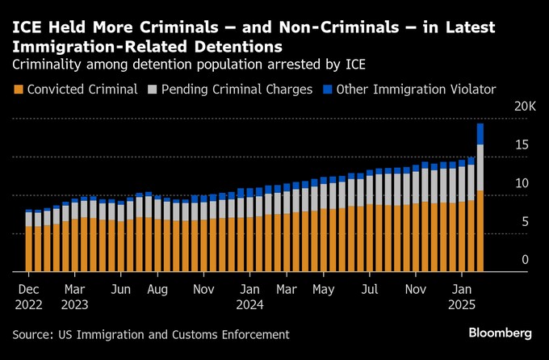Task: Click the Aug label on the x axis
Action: click(x=157, y=288)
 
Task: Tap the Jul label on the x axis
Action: click(x=370, y=288)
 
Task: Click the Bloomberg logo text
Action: click(x=501, y=333)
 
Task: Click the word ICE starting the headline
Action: click(x=25, y=28)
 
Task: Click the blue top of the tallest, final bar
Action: click(x=480, y=133)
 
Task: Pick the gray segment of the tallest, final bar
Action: click(x=480, y=167)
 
